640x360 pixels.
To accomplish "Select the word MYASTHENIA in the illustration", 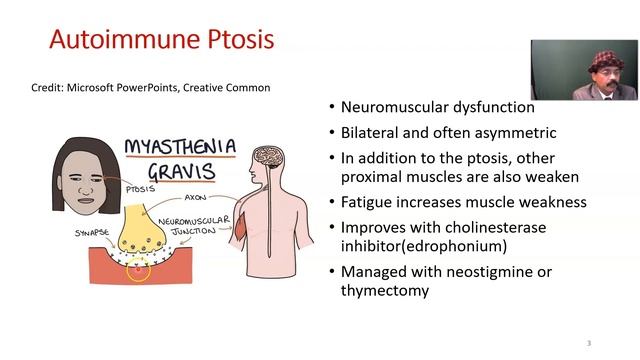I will point(180,148).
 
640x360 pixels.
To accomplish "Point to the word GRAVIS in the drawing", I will point(181,171).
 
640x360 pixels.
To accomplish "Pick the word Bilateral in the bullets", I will point(374,133).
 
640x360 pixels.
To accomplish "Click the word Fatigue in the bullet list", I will point(370,202).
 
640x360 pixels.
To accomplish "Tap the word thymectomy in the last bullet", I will point(385,291).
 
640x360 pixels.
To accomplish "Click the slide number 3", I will point(588,343).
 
